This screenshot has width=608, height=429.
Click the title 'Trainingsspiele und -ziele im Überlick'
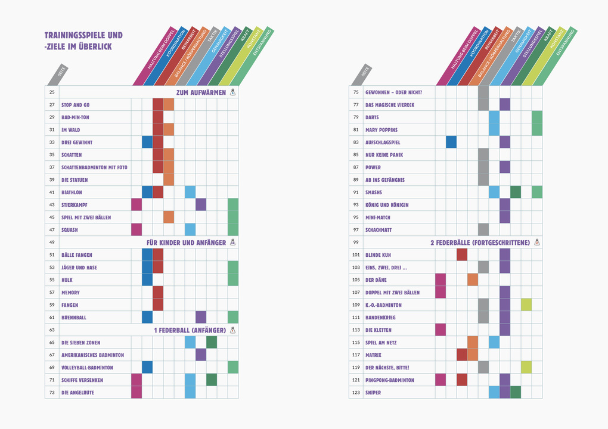pyautogui.click(x=83, y=41)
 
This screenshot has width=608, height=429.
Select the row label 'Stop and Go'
pyautogui.click(x=76, y=105)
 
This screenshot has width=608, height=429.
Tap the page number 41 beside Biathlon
pyautogui.click(x=52, y=192)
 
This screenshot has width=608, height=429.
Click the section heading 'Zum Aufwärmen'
pyautogui.click(x=201, y=92)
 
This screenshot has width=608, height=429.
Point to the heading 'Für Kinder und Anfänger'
pyautogui.click(x=186, y=243)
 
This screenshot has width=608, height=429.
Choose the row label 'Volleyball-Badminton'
pyautogui.click(x=87, y=368)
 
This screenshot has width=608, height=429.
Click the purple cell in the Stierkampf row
pyautogui.click(x=201, y=205)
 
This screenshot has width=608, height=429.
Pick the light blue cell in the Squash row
pyautogui.click(x=190, y=230)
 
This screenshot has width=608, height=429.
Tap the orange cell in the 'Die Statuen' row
pyautogui.click(x=169, y=180)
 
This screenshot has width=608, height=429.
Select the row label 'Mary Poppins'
pyautogui.click(x=381, y=130)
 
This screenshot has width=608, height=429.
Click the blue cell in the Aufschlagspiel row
pyautogui.click(x=451, y=142)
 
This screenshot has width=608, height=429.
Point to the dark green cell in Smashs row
pyautogui.click(x=516, y=192)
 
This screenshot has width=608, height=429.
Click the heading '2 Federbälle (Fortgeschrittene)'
pyautogui.click(x=480, y=243)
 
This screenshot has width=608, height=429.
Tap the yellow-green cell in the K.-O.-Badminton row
pyautogui.click(x=526, y=305)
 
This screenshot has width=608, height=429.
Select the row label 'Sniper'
pyautogui.click(x=373, y=393)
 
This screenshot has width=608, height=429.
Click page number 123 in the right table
pyautogui.click(x=356, y=393)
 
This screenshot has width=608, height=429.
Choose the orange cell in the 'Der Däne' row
pyautogui.click(x=473, y=280)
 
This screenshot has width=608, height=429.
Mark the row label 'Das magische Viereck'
pyautogui.click(x=390, y=105)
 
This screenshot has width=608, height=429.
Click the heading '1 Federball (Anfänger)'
pyautogui.click(x=190, y=330)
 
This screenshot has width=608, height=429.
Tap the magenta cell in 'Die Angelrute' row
pyautogui.click(x=137, y=393)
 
